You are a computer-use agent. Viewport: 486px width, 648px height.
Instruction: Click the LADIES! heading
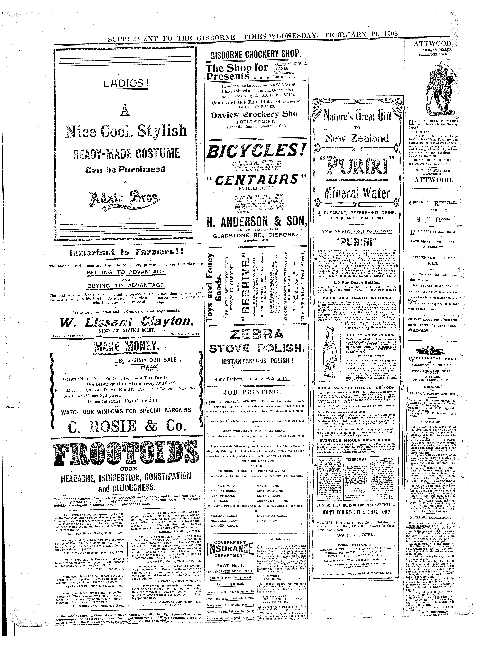[x=125, y=84]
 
